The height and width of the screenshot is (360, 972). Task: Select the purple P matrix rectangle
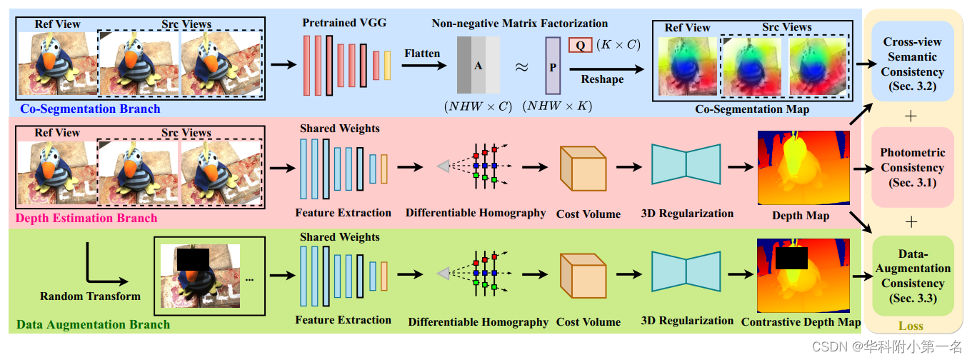click(553, 66)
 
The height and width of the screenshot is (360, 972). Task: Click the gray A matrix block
click(478, 65)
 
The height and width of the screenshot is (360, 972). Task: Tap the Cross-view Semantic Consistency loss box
click(912, 64)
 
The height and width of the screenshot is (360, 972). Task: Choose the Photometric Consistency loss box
click(912, 167)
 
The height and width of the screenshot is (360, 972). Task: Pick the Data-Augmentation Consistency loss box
click(912, 276)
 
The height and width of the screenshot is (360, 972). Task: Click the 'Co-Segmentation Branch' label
click(90, 109)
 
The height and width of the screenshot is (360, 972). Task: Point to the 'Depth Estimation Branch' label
click(86, 218)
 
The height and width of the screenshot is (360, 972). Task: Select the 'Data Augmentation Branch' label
click(93, 324)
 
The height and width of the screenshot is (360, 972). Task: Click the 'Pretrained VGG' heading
click(344, 23)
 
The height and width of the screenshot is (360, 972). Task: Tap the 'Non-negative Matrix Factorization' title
click(519, 24)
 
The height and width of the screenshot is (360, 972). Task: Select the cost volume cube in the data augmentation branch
click(583, 275)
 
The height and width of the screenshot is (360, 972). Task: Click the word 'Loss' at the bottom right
click(911, 326)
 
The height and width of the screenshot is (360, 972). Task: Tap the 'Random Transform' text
click(90, 296)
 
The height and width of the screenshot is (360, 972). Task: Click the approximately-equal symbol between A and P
click(522, 66)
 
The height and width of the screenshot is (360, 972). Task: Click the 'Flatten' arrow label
click(422, 54)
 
